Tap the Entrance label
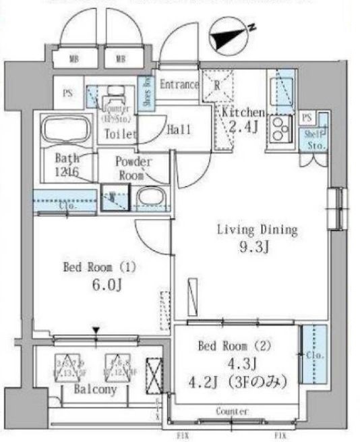(179, 85)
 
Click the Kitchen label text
(243, 113)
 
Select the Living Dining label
(256, 229)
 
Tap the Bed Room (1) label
(99, 267)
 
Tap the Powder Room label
(133, 167)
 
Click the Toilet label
(119, 134)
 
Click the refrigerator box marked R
(218, 86)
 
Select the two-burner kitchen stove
(279, 128)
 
